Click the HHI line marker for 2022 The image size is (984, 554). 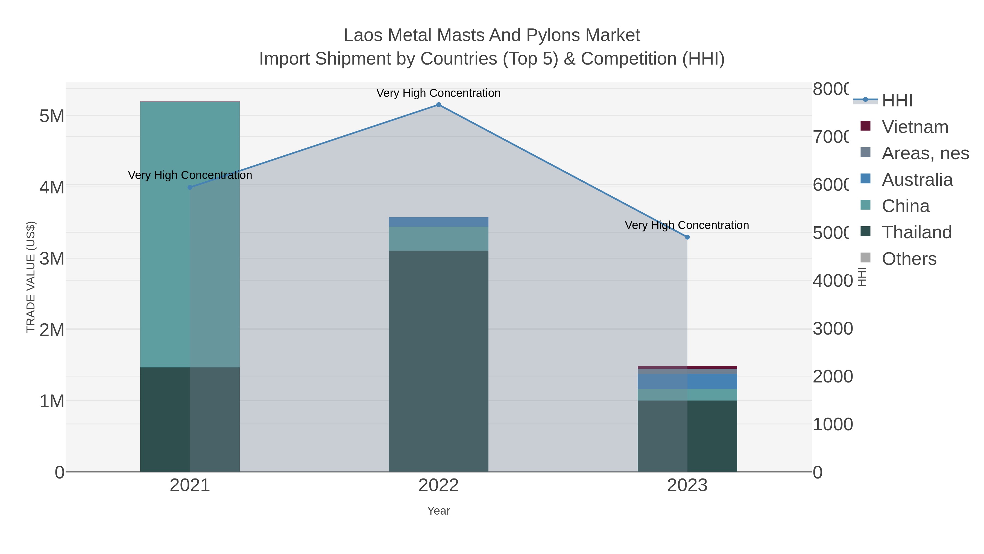tap(438, 105)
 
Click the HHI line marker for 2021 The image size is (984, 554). tap(190, 187)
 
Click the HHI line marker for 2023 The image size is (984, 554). tap(687, 237)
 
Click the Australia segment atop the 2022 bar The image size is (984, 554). tap(438, 222)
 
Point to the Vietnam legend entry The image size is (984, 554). tap(915, 127)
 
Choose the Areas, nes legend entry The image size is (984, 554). tap(925, 153)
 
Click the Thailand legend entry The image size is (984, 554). tap(916, 233)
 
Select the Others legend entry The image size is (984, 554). tap(909, 259)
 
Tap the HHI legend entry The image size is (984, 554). tap(897, 101)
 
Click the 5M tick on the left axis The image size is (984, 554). tap(52, 116)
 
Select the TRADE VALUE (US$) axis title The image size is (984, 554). tap(31, 277)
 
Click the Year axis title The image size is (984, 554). tap(438, 511)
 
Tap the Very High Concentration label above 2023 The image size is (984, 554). tap(687, 225)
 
